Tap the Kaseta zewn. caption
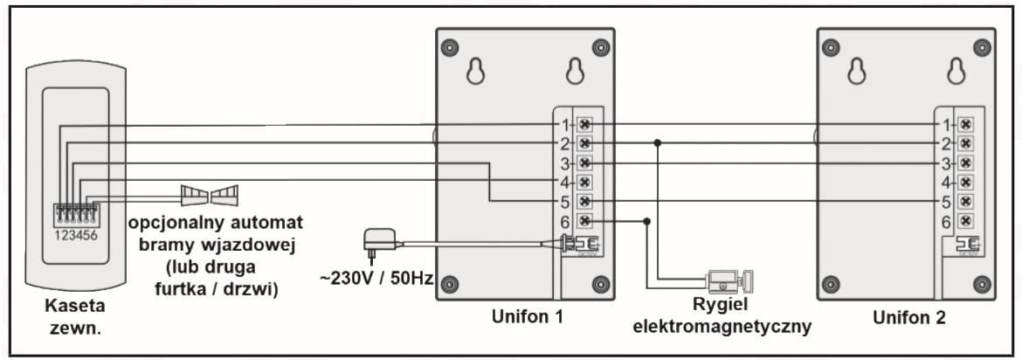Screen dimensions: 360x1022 tap(74, 315)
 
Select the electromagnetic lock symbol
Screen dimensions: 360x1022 tap(729, 281)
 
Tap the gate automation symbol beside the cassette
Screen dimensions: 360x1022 tap(210, 194)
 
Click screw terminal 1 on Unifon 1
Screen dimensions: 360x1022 tap(585, 124)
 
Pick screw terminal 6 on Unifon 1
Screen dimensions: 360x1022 tap(585, 222)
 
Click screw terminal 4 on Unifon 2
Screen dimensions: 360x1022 tap(965, 183)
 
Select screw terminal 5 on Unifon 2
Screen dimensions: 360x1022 tap(965, 202)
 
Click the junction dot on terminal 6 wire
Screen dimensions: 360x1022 tap(646, 222)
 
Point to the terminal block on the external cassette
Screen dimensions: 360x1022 tap(76, 215)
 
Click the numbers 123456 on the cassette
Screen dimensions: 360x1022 tap(76, 233)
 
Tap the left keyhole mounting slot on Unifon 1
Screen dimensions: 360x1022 tap(475, 72)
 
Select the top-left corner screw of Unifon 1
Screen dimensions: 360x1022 tap(449, 47)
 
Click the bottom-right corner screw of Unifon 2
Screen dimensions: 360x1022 tap(981, 283)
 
